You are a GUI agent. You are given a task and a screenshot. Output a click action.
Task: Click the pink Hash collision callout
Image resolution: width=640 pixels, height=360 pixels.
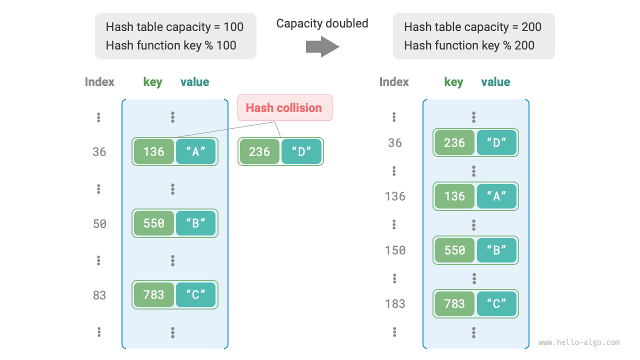point(284,108)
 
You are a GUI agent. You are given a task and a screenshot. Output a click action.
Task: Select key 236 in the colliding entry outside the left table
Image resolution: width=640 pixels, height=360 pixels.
point(259,152)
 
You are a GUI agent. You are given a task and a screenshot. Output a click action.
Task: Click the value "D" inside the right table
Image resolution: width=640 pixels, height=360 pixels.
point(496,143)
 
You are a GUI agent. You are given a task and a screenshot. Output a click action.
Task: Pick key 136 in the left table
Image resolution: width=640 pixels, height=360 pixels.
point(153,152)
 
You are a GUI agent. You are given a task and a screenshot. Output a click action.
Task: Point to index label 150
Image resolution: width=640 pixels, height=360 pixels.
point(395,250)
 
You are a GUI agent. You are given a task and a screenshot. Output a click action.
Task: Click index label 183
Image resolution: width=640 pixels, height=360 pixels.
point(395,304)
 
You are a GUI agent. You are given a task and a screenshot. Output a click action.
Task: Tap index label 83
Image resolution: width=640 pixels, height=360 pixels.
point(99,295)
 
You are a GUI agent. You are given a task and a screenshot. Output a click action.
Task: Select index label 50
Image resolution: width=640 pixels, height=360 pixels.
point(99,224)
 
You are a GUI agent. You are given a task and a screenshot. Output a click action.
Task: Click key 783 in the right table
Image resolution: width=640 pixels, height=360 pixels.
point(454,304)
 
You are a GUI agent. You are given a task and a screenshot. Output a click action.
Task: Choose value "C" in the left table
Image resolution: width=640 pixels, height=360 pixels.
point(195,295)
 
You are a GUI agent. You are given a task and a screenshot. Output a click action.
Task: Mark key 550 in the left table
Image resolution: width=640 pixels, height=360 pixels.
point(153,223)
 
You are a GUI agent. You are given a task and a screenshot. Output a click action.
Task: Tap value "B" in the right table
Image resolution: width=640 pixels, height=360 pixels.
point(496,250)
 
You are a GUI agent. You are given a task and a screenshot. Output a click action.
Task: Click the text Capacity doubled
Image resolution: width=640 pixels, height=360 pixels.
point(322,23)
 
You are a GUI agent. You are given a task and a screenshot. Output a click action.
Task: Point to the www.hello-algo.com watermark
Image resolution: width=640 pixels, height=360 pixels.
point(579,343)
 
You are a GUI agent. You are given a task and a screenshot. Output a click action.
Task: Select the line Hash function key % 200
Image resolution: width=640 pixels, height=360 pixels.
point(469,45)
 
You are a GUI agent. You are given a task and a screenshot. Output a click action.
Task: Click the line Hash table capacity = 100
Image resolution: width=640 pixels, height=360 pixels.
point(174,27)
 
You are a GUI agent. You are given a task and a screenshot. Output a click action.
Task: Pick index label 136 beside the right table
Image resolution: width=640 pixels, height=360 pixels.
point(395,196)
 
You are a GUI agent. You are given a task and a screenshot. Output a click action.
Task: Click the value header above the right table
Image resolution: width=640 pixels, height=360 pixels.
point(495,82)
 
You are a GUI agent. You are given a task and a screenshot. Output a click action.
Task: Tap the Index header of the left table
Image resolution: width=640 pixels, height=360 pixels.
point(99,82)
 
